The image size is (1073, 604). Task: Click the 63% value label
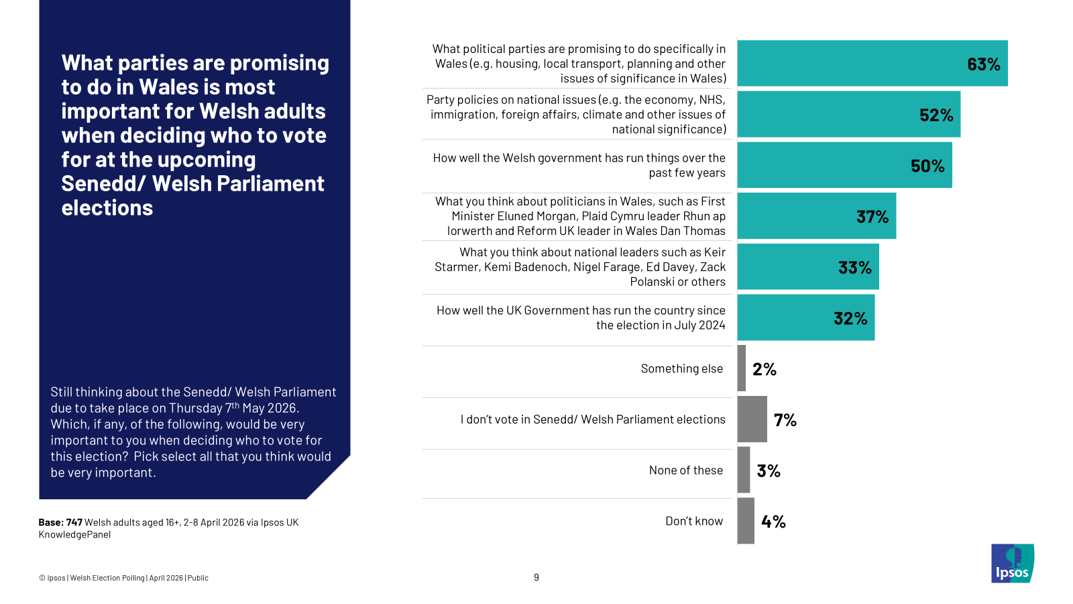(x=983, y=64)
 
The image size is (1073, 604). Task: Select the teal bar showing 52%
(x=848, y=115)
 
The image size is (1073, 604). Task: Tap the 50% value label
(x=927, y=166)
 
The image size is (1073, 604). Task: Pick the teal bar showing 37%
(x=816, y=216)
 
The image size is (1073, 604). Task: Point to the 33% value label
(x=854, y=268)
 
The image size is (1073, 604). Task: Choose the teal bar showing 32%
(x=805, y=317)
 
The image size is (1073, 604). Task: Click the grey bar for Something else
(x=742, y=368)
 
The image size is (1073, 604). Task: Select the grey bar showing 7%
(x=752, y=419)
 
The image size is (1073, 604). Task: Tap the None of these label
(x=685, y=470)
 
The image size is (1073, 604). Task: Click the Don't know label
(x=694, y=521)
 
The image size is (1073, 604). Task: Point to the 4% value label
(x=773, y=521)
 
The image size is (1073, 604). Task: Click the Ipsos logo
(x=1012, y=564)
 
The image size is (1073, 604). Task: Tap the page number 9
(x=536, y=578)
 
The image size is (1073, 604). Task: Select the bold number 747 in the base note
(x=74, y=523)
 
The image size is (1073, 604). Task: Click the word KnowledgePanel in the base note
(x=74, y=535)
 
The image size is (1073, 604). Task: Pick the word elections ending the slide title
(x=107, y=208)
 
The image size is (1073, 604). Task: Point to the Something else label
(x=681, y=368)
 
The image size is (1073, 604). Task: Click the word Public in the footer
(x=198, y=578)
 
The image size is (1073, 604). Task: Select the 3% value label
(x=769, y=471)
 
